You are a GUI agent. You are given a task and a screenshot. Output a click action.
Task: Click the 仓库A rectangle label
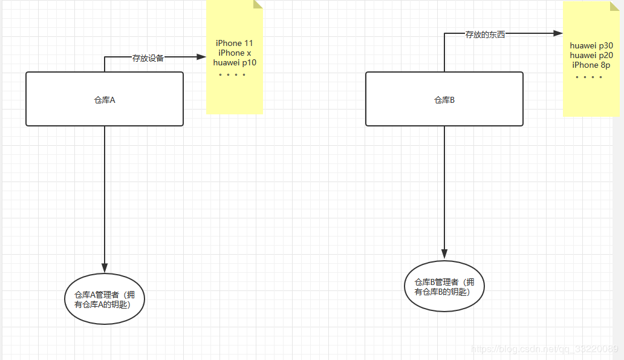tap(105, 100)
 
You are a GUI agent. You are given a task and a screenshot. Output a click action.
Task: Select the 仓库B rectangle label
tap(444, 100)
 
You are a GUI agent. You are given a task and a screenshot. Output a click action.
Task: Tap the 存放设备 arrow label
tap(148, 59)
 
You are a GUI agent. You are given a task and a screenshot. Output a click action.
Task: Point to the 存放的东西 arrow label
tap(485, 35)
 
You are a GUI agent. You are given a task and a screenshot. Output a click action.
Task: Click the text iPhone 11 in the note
tap(235, 43)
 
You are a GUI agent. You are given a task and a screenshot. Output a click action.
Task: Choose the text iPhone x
tap(235, 53)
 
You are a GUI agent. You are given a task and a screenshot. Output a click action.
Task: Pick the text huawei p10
tap(235, 62)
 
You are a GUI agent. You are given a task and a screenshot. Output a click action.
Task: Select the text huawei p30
tap(591, 45)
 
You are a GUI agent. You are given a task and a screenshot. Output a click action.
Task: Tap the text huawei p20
tap(591, 55)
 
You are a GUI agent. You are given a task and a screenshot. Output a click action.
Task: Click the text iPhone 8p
tap(591, 65)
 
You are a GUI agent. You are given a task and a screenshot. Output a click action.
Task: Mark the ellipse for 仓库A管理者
tap(105, 299)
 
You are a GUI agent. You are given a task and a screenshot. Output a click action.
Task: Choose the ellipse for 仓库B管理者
tap(444, 286)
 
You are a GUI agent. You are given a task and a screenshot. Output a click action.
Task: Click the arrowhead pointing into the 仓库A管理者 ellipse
tap(105, 268)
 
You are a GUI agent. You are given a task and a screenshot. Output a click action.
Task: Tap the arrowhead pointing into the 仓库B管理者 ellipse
tap(444, 254)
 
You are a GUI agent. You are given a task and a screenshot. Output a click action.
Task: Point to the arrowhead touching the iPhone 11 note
tap(202, 57)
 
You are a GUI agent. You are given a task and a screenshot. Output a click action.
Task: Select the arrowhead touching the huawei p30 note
tap(558, 34)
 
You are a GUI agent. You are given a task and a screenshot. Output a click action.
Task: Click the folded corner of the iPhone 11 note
tap(258, 4)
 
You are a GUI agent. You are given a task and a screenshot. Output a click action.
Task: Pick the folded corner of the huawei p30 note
tap(615, 5)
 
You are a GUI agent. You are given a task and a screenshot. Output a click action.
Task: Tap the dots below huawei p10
tap(232, 75)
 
